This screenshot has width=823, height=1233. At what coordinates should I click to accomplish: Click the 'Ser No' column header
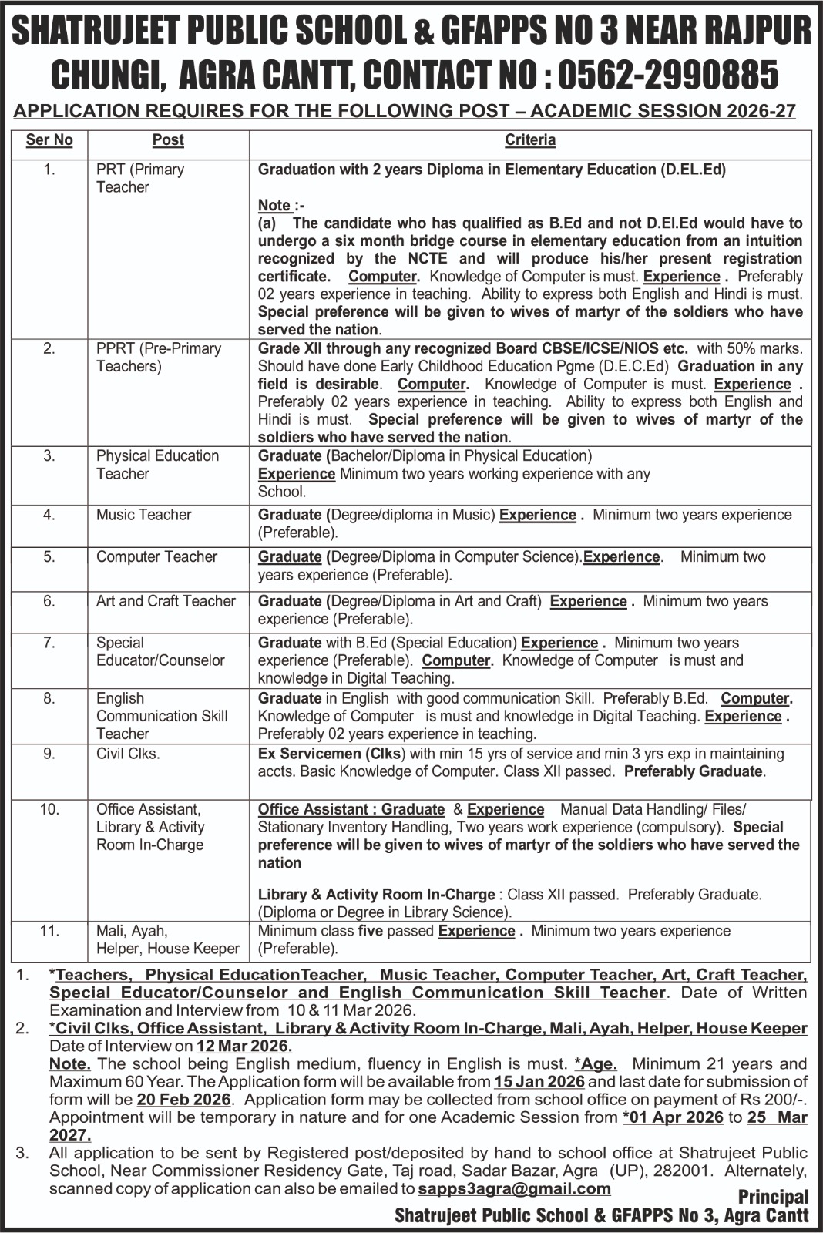[x=49, y=139]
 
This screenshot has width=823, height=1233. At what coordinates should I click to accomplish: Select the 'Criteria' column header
[x=530, y=139]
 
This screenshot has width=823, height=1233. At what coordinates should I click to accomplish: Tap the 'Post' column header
[x=168, y=139]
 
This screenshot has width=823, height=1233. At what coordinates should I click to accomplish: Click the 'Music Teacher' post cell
[x=143, y=514]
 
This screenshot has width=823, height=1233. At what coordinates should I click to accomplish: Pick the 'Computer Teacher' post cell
[x=156, y=556]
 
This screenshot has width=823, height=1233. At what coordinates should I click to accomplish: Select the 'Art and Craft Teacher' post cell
[x=166, y=600]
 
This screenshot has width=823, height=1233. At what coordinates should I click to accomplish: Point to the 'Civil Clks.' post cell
[x=128, y=753]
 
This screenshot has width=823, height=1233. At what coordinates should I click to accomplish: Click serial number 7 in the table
[x=49, y=642]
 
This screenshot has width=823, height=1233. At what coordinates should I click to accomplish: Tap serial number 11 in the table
[x=49, y=930]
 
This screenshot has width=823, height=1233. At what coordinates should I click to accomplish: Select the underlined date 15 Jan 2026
[x=539, y=1081]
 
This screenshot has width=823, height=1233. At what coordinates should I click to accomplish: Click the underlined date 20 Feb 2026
[x=183, y=1099]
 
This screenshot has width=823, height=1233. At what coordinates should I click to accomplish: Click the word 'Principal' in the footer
[x=773, y=1197]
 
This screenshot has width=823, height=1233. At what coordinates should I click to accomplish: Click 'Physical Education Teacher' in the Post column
[x=157, y=465]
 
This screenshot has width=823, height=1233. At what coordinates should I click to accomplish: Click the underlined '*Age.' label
[x=596, y=1063]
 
